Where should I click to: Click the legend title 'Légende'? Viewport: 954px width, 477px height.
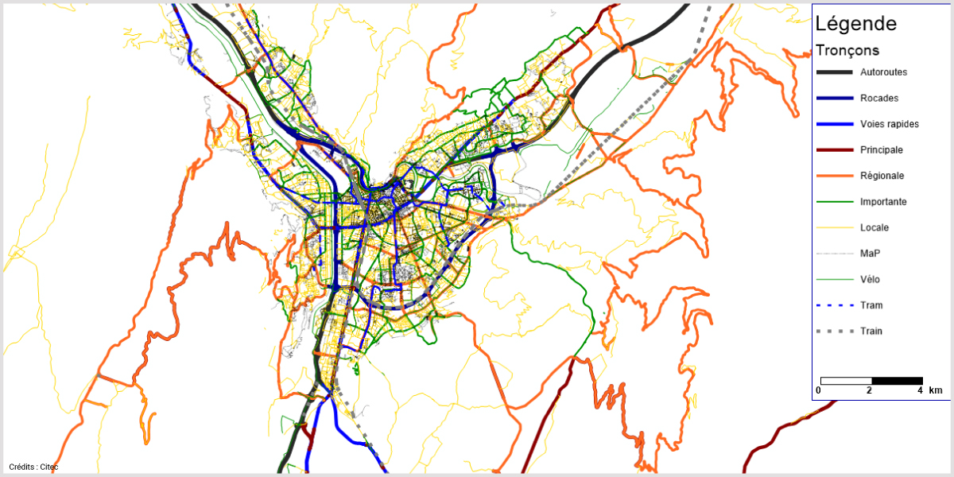[856, 24]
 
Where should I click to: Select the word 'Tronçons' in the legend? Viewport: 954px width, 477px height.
[847, 50]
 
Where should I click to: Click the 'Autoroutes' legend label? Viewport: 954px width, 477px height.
[883, 72]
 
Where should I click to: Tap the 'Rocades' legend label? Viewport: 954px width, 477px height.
[879, 99]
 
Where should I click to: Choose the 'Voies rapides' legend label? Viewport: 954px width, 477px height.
[889, 124]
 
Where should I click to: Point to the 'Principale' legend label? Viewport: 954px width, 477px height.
[882, 150]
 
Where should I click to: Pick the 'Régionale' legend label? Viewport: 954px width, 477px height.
[882, 176]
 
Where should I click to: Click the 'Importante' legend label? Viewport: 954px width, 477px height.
[883, 202]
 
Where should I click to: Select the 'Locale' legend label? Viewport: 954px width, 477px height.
[874, 227]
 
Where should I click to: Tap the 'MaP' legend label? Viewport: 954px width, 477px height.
[871, 254]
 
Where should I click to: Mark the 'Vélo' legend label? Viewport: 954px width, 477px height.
[871, 279]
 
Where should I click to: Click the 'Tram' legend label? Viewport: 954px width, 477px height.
[871, 305]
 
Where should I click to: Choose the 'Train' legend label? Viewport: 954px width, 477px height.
[871, 331]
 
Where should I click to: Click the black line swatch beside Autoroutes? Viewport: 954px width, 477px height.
[834, 72]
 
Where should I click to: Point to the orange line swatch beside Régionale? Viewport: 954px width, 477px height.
[834, 176]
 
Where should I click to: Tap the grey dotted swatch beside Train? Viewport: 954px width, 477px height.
[834, 331]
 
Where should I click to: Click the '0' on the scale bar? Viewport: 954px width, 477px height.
[818, 391]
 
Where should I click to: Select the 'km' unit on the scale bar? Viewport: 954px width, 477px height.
[936, 390]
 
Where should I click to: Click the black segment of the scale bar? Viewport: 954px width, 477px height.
[897, 381]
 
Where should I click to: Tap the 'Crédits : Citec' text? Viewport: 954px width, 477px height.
[33, 467]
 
